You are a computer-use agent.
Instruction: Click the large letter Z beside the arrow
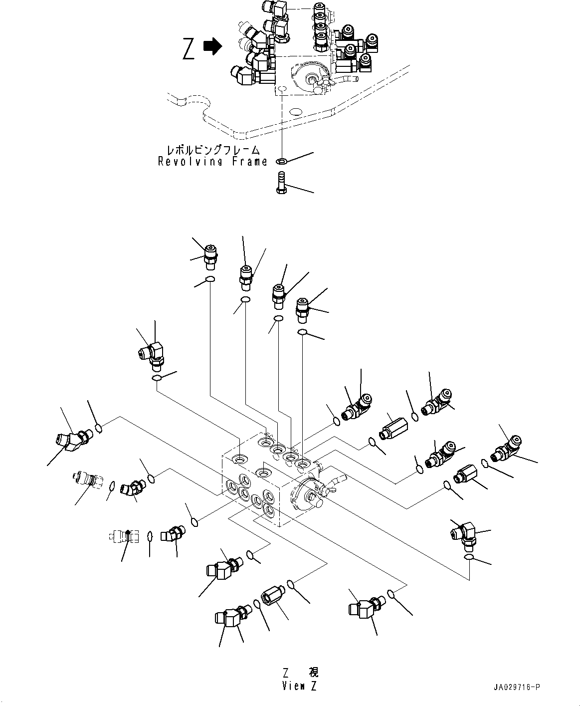pos(189,49)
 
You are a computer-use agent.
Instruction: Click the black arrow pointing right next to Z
pos(213,47)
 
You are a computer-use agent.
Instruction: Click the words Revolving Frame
pos(212,162)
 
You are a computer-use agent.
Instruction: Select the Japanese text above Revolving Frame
pos(213,150)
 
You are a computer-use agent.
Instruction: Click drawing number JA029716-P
pos(517,688)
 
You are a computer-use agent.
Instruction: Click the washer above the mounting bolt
pos(282,161)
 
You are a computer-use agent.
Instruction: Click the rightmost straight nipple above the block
pos(302,308)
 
